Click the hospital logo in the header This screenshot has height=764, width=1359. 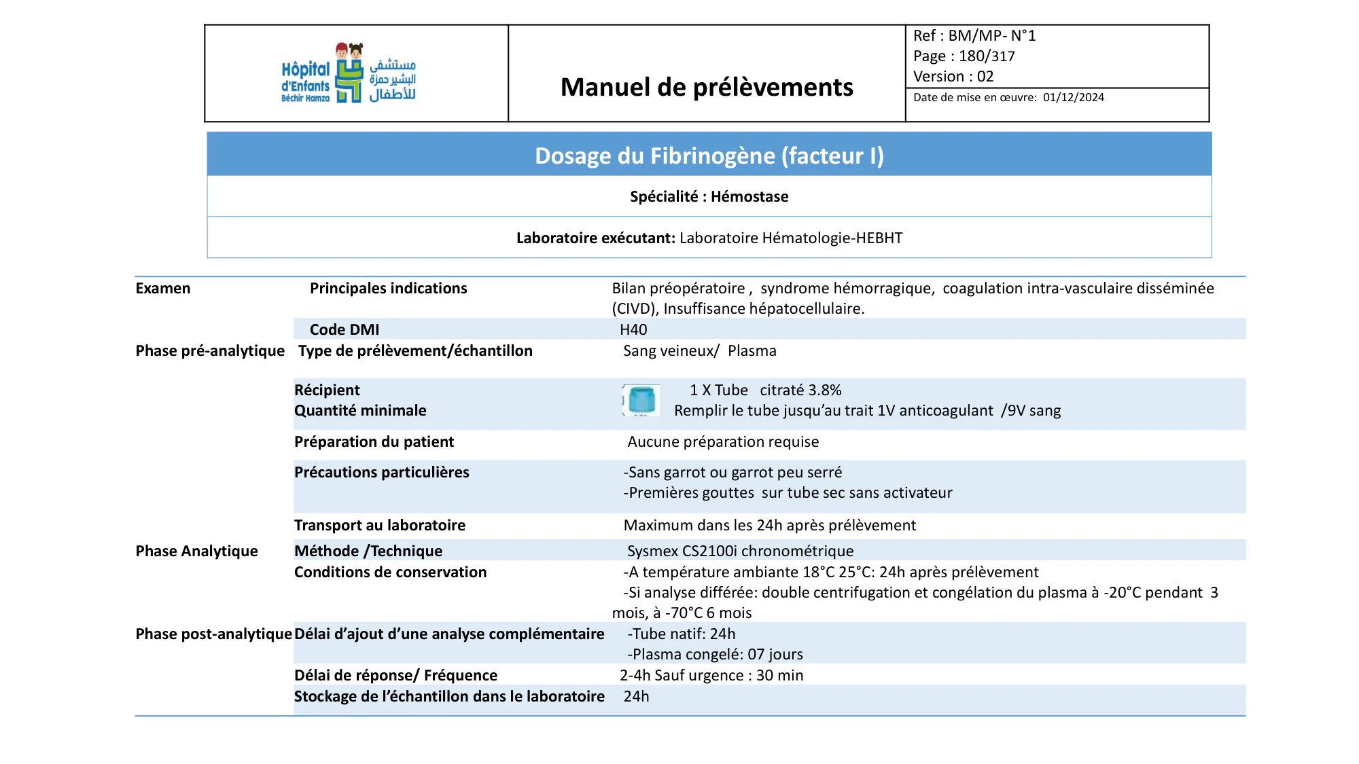click(x=349, y=74)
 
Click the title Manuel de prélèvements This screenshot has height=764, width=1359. click(x=707, y=87)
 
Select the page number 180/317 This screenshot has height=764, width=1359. click(x=987, y=56)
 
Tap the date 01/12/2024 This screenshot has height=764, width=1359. click(x=1074, y=98)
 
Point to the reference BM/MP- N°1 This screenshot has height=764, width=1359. click(x=991, y=36)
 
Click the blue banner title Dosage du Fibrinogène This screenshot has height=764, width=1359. click(x=709, y=156)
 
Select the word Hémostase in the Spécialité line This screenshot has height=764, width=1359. click(x=749, y=197)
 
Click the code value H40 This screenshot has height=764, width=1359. click(x=633, y=330)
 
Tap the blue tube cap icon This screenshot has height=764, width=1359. click(x=641, y=400)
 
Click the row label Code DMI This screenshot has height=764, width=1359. click(x=345, y=330)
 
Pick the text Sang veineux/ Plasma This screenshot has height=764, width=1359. click(x=699, y=351)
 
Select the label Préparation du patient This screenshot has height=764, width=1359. click(x=374, y=442)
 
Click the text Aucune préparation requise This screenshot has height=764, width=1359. click(x=723, y=442)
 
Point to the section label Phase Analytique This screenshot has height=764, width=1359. click(x=196, y=551)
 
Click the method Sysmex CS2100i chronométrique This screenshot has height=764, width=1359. click(x=740, y=551)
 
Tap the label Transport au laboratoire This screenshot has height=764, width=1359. click(x=379, y=526)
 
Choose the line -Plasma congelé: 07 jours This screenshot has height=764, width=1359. click(x=715, y=655)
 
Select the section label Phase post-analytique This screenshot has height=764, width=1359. click(x=213, y=634)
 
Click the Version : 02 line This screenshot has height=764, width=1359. click(x=953, y=77)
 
